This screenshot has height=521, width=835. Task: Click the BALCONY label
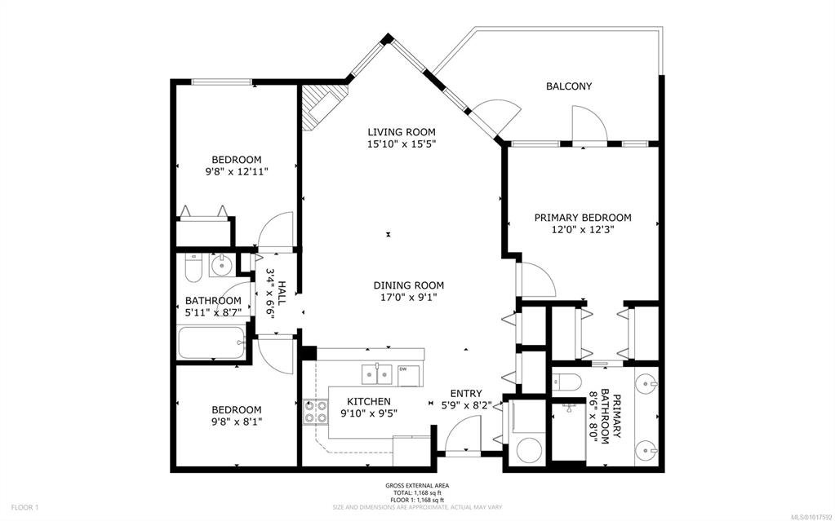[x=569, y=86]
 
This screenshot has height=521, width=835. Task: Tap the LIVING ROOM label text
[x=402, y=132]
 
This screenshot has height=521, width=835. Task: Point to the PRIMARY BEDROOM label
[x=583, y=218]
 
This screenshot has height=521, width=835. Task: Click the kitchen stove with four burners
[x=315, y=412]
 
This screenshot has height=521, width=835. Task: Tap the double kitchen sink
[x=377, y=374]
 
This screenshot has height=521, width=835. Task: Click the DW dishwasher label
[x=403, y=369]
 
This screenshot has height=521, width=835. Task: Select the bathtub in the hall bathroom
[x=211, y=342]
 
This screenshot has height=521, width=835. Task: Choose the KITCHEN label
[x=368, y=402]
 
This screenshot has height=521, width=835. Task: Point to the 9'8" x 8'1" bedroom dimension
[x=237, y=422]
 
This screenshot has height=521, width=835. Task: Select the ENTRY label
[x=466, y=394]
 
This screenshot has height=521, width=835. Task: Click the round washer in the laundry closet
[x=531, y=450]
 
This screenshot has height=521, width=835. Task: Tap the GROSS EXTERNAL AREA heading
[x=417, y=485]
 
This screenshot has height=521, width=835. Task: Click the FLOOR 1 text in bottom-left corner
[x=24, y=508]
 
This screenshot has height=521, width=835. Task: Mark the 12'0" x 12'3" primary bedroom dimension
[x=583, y=230]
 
